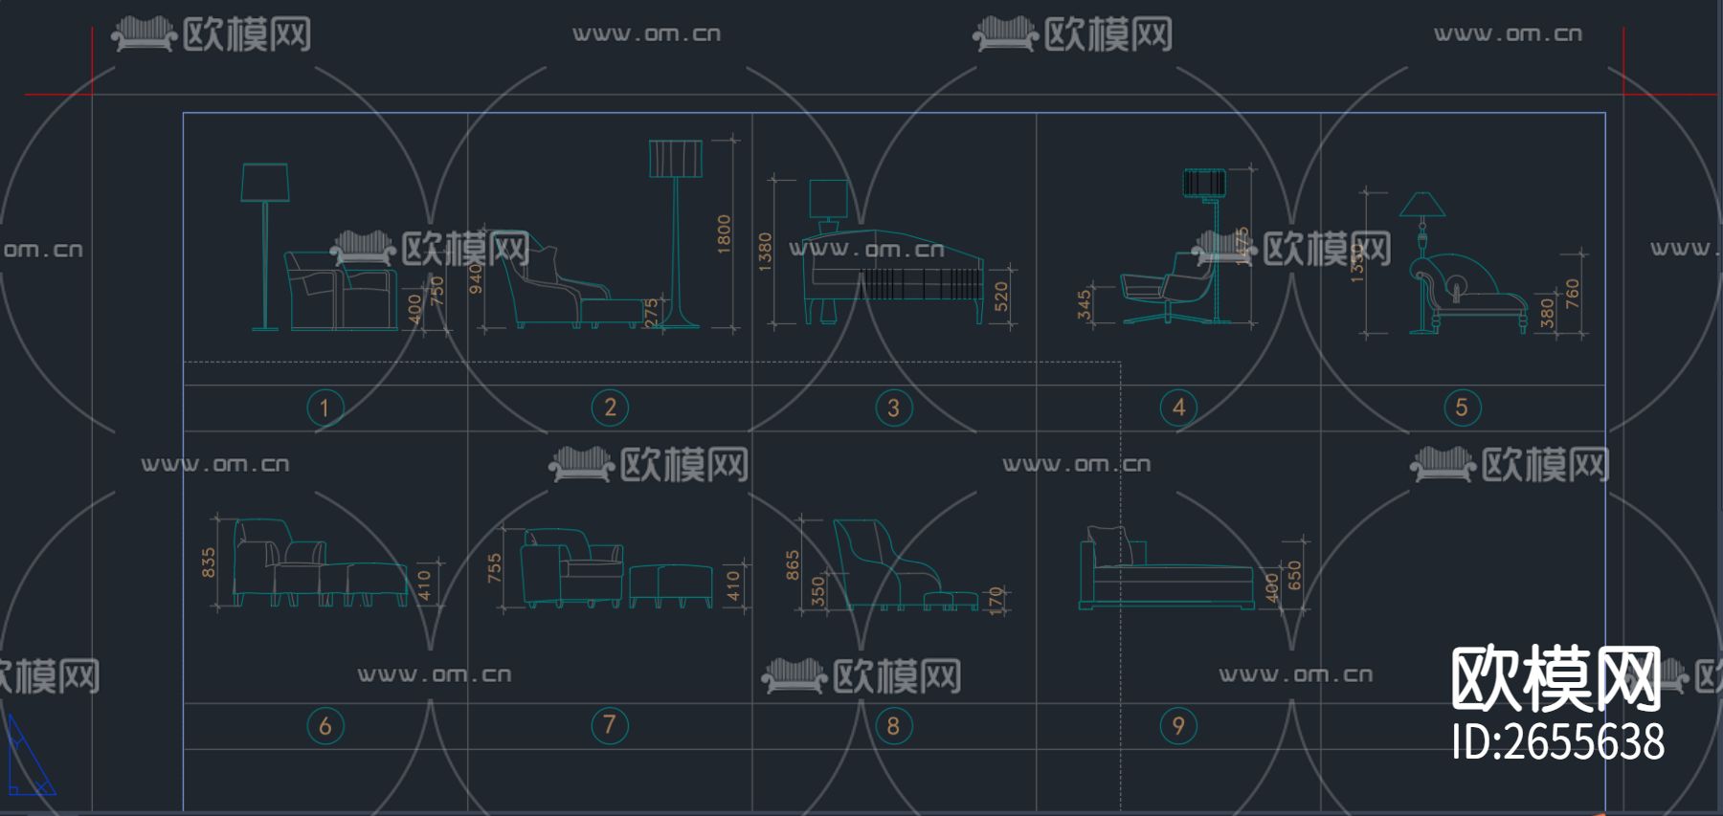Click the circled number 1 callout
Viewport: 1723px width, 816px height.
324,408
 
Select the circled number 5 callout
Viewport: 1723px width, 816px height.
1462,408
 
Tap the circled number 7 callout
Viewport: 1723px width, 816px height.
610,725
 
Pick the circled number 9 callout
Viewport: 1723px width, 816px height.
1178,726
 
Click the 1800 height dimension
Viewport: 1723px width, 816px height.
724,234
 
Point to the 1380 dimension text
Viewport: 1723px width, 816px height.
765,252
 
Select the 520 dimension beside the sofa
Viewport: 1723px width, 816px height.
1001,297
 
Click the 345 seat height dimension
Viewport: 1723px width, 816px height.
1084,304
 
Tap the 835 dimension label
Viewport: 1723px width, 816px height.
209,562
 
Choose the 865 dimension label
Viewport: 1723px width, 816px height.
793,565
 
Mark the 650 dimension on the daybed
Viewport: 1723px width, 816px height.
1294,575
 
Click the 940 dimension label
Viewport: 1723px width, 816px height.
476,278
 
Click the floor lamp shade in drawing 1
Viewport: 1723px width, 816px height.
265,182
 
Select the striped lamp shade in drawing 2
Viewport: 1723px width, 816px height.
676,159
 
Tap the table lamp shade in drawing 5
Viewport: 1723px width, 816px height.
1422,204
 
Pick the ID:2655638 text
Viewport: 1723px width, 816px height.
1557,743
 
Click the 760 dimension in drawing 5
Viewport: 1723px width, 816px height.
1572,294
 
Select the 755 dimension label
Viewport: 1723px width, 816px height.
494,567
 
